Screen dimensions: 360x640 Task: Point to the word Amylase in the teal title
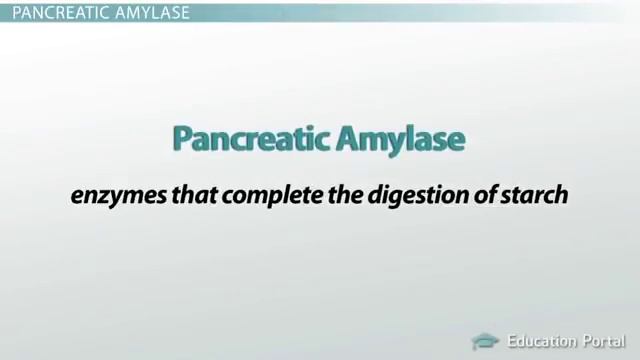[x=402, y=140]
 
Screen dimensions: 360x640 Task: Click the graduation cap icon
[x=485, y=341]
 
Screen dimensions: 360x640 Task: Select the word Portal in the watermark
[x=605, y=341]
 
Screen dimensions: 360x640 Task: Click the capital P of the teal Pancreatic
[x=182, y=139]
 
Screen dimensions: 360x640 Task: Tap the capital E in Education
[x=511, y=341]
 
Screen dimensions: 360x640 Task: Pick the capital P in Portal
[x=588, y=341]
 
